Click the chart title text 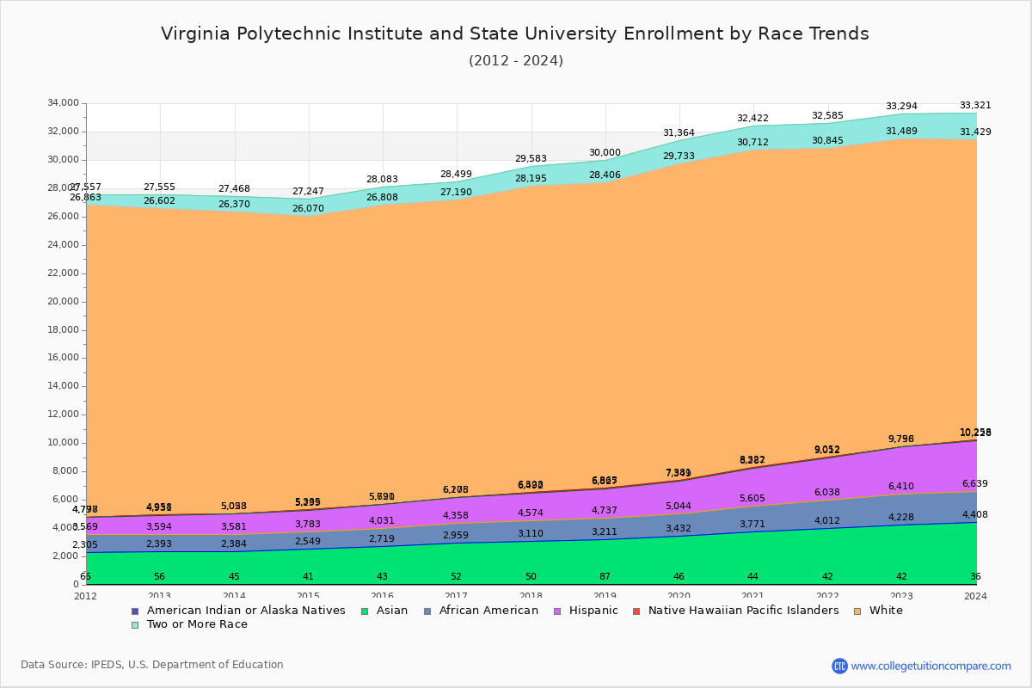pos(514,34)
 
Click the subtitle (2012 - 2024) pos(516,61)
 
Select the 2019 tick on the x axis pos(605,596)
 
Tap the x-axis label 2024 pos(975,596)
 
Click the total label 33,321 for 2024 pos(975,106)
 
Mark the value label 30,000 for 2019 pos(605,153)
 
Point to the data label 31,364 pos(679,133)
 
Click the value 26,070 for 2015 pos(309,209)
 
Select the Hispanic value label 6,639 pos(975,484)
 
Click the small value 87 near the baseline pos(605,576)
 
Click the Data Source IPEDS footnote pos(152,665)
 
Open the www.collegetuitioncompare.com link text pos(931,666)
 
